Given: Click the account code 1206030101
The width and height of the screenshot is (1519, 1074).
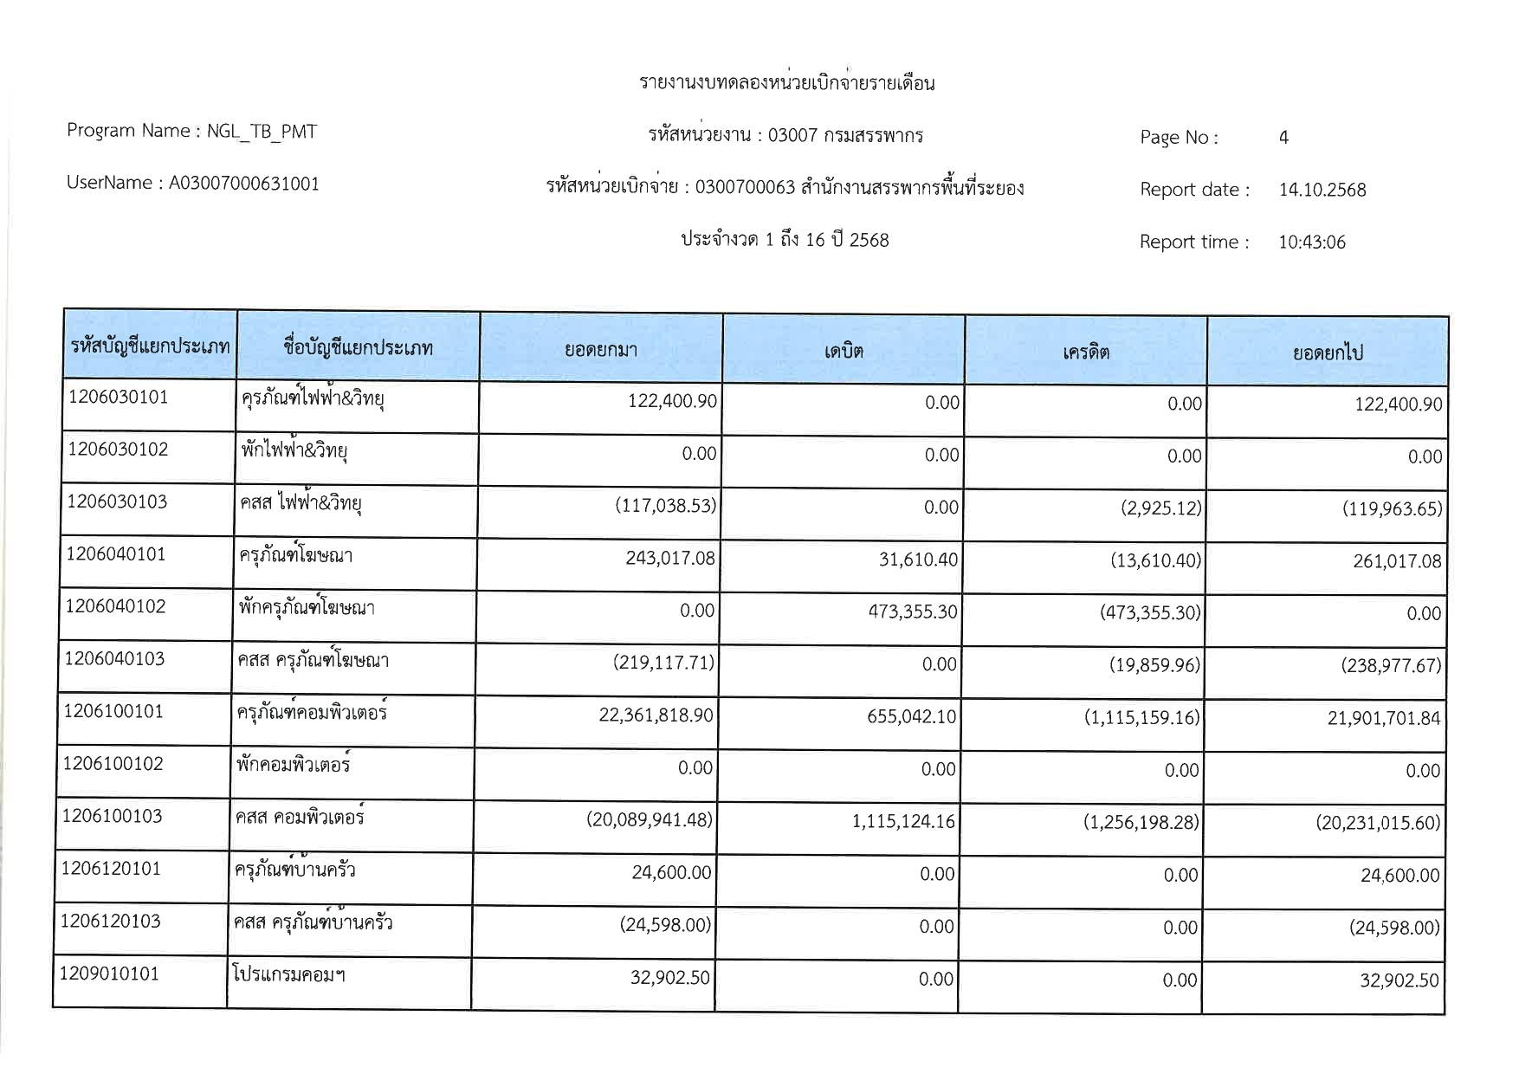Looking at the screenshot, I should [118, 398].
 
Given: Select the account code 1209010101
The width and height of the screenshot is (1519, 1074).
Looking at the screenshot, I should [109, 974].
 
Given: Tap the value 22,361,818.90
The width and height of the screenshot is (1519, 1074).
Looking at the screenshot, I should [656, 715].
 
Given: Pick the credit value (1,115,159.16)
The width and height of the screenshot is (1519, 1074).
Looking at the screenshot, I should [1141, 717].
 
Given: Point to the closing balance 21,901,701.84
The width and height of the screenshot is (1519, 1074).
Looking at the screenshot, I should [1383, 718].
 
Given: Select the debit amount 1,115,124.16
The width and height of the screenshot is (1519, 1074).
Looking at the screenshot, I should [903, 821].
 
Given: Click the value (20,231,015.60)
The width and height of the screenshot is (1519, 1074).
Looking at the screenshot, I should [1378, 823].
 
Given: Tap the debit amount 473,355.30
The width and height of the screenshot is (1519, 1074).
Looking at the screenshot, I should [913, 611].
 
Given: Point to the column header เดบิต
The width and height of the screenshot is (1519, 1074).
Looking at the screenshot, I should [844, 351].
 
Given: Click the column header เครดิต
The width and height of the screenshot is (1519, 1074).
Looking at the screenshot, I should [1086, 352].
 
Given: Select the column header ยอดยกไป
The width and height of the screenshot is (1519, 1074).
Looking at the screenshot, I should [1328, 353].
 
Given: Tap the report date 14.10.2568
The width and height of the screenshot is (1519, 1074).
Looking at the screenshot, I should [1322, 190].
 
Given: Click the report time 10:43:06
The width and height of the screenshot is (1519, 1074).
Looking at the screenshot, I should [1312, 243].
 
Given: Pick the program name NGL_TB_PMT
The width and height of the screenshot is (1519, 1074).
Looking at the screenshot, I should [262, 132].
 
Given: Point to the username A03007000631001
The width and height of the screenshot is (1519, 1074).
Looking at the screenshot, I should [243, 184].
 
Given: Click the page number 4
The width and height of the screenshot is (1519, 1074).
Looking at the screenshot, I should [1283, 138].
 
